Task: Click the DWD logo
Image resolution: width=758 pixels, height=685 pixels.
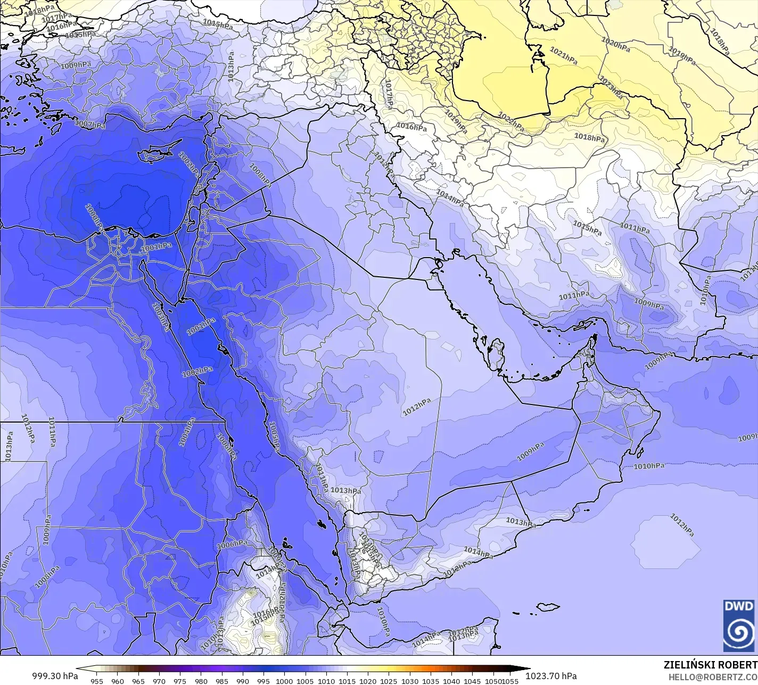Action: point(739,625)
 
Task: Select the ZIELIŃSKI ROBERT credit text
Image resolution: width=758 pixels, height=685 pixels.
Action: point(710,665)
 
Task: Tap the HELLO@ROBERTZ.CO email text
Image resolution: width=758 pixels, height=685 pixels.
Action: point(713,676)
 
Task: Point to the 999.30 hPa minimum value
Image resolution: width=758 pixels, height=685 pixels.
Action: point(55,676)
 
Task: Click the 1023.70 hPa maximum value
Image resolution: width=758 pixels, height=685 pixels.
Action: point(551,676)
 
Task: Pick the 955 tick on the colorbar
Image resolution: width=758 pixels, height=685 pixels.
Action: point(97,681)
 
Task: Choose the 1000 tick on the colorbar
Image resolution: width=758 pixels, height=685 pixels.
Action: point(284,681)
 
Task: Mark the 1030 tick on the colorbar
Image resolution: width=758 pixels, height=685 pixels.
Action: point(409,681)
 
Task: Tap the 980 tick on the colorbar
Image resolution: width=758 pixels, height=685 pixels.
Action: point(201,681)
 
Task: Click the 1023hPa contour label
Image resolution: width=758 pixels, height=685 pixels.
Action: point(611,88)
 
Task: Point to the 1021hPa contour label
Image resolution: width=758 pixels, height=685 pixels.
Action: point(563,55)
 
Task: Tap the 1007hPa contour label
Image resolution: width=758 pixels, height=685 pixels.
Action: point(90,124)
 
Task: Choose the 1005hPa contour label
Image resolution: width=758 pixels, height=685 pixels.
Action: point(275,436)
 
